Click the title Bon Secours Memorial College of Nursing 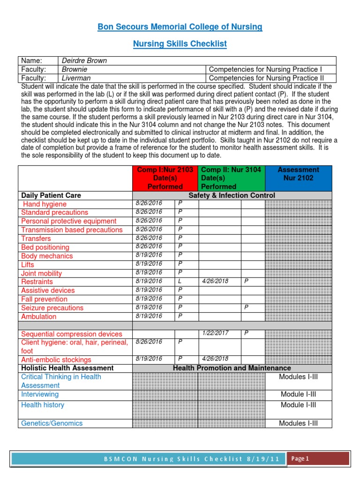click(x=180, y=27)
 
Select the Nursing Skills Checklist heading click(x=180, y=44)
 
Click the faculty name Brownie click(x=75, y=69)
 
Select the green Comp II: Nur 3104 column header click(x=231, y=178)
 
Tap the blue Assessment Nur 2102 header click(x=298, y=174)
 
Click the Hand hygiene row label click(x=45, y=204)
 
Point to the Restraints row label click(x=37, y=282)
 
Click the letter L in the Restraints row click(x=180, y=281)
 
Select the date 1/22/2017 click(x=215, y=333)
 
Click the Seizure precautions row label click(x=52, y=308)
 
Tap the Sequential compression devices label click(x=71, y=334)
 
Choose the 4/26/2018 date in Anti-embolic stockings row click(x=215, y=359)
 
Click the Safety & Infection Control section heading click(x=232, y=195)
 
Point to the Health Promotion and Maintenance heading click(x=232, y=368)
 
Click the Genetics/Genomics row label click(x=52, y=423)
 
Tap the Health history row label click(x=43, y=405)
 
